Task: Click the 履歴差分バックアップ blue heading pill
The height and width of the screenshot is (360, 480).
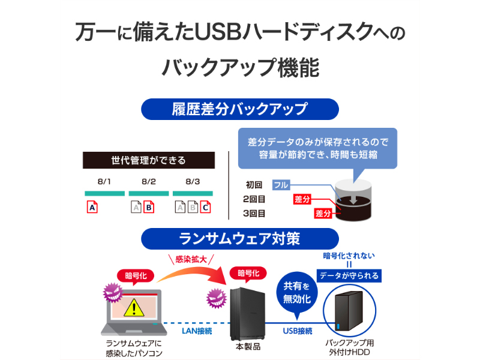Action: tap(239, 109)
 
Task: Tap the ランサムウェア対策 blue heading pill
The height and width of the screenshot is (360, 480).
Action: tap(239, 239)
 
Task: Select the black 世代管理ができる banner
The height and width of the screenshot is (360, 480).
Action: tap(148, 160)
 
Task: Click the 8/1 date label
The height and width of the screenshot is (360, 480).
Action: tap(104, 182)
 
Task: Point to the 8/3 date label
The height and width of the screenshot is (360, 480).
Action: tap(193, 182)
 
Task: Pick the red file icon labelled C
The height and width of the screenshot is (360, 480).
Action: tap(205, 207)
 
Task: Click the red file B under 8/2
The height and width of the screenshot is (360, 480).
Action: tap(149, 207)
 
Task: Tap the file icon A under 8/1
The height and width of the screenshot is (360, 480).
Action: tap(92, 207)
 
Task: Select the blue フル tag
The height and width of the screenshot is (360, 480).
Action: tap(281, 185)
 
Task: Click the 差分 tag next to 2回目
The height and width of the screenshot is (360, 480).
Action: tap(302, 199)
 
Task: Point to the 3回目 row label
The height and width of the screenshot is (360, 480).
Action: tap(254, 214)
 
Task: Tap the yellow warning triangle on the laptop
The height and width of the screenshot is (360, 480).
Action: tap(134, 308)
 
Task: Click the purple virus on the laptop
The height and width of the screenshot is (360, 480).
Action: tap(113, 292)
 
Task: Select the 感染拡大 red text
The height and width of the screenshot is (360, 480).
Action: tap(191, 260)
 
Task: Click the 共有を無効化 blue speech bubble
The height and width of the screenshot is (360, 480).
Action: tap(296, 293)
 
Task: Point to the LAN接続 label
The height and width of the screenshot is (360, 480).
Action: tap(197, 331)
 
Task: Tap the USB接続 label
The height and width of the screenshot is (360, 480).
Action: tap(298, 331)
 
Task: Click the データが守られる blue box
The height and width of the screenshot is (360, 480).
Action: tap(349, 275)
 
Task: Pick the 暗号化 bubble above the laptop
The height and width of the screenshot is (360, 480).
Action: tap(136, 277)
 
